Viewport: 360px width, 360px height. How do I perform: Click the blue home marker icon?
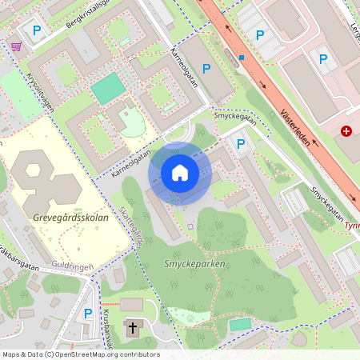click(180, 173)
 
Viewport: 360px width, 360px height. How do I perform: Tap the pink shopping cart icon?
click(16, 46)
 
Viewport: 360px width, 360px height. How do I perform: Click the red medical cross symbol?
click(346, 131)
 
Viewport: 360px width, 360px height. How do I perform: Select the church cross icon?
click(132, 327)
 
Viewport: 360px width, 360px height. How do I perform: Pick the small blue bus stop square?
click(241, 58)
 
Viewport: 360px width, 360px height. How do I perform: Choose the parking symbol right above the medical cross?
click(323, 58)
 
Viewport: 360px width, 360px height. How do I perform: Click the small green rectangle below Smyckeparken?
click(240, 324)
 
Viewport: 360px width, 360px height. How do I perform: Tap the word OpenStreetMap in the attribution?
click(90, 354)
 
